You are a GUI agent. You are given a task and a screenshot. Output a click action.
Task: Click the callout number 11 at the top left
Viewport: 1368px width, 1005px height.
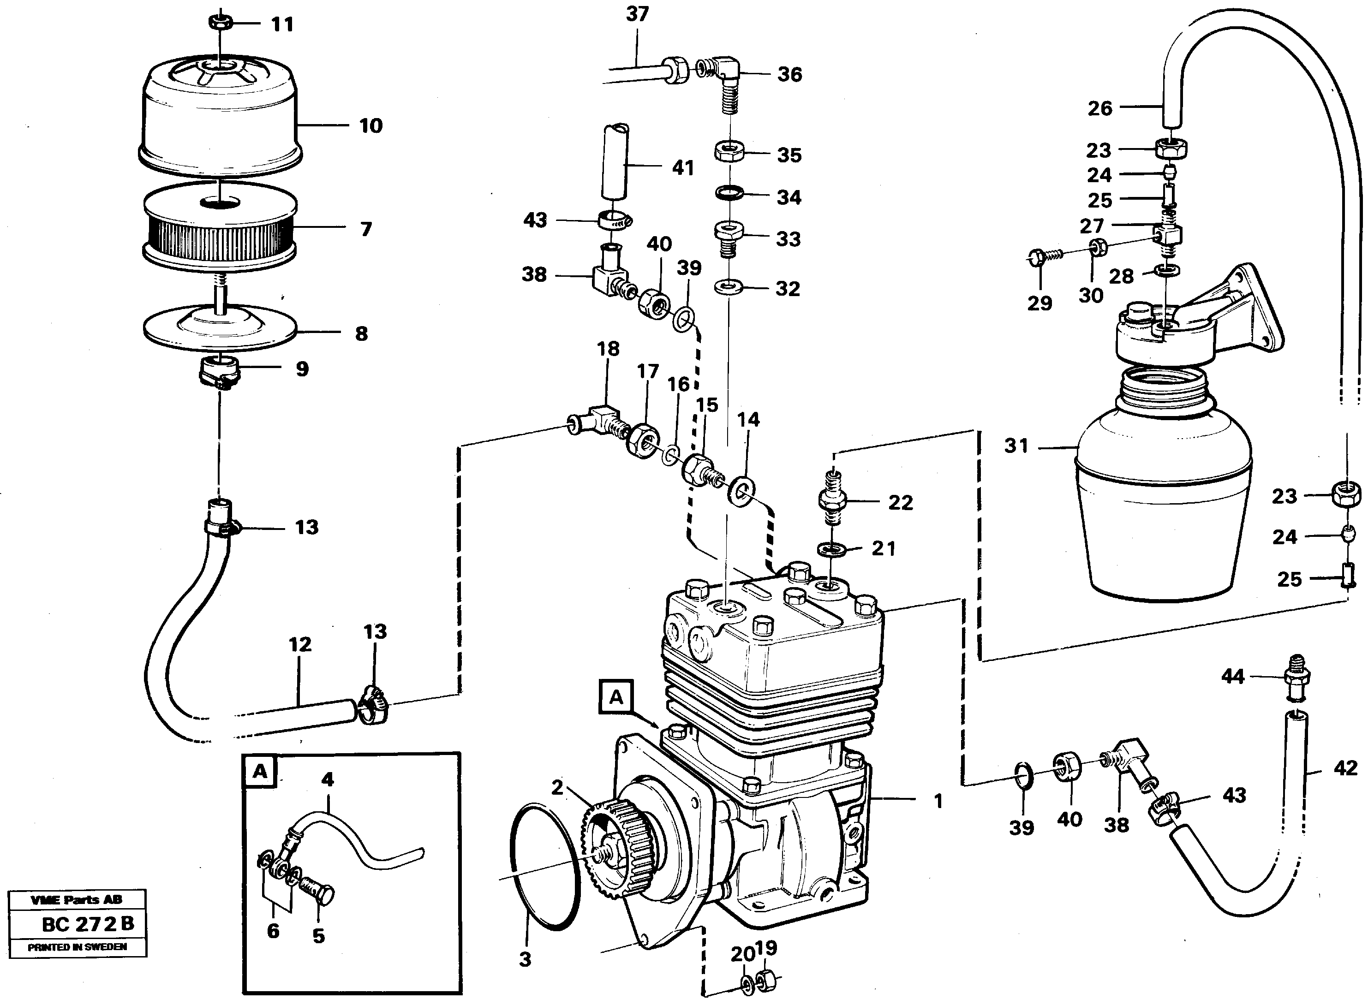(282, 25)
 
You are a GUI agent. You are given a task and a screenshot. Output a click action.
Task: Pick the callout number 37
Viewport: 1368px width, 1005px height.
(637, 14)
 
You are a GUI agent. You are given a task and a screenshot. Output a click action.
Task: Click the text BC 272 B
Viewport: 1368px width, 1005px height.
(88, 923)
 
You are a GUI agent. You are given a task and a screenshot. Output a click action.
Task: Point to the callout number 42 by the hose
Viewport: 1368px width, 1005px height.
(1345, 768)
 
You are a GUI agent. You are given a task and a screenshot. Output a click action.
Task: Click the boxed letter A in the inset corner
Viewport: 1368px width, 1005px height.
(260, 772)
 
